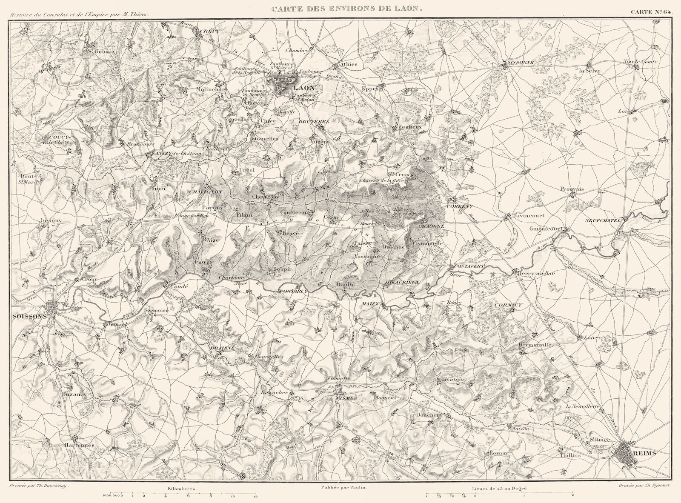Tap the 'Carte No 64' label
pyautogui.click(x=651, y=11)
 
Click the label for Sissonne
pyautogui.click(x=518, y=63)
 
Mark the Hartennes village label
pyautogui.click(x=80, y=445)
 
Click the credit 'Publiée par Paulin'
pyautogui.click(x=347, y=490)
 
